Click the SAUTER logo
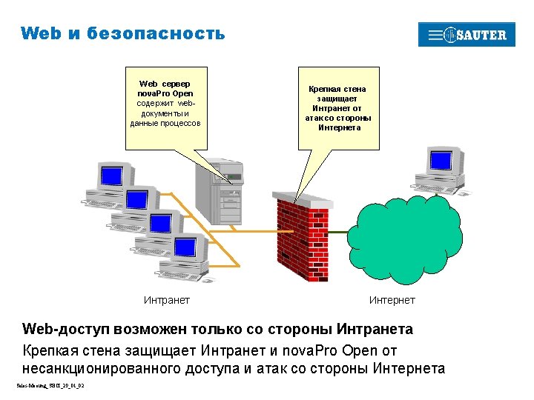click(x=467, y=35)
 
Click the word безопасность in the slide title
click(x=155, y=33)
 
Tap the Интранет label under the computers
click(x=166, y=300)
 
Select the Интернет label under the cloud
click(x=392, y=300)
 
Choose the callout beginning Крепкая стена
click(x=337, y=108)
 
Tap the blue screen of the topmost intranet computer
click(x=111, y=176)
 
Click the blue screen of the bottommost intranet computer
click(x=185, y=245)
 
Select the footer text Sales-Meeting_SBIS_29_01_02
click(x=50, y=386)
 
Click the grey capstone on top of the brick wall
click(x=303, y=199)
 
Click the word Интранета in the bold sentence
click(x=375, y=329)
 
